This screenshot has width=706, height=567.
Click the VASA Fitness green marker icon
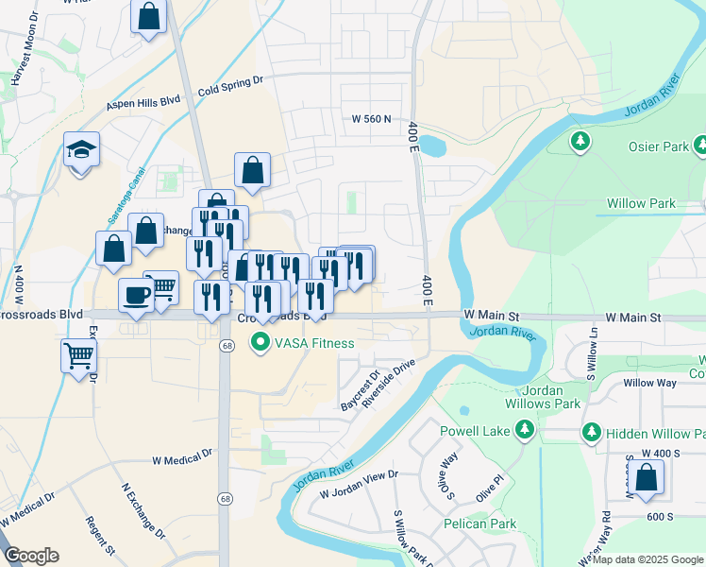pyautogui.click(x=259, y=343)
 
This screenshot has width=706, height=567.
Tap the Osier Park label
pyautogui.click(x=658, y=147)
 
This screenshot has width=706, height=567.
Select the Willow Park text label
pyautogui.click(x=641, y=203)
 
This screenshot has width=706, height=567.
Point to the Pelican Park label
pyautogui.click(x=480, y=524)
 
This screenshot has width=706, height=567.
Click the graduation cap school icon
pyautogui.click(x=81, y=149)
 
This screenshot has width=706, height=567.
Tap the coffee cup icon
pyautogui.click(x=136, y=294)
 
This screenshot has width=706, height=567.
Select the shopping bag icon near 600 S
pyautogui.click(x=647, y=478)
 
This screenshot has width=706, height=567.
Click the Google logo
pyautogui.click(x=31, y=556)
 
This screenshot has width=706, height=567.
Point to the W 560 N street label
pyautogui.click(x=371, y=120)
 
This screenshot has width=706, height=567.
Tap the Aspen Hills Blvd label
pyautogui.click(x=143, y=103)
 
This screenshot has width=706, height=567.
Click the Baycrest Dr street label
pyautogui.click(x=358, y=389)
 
